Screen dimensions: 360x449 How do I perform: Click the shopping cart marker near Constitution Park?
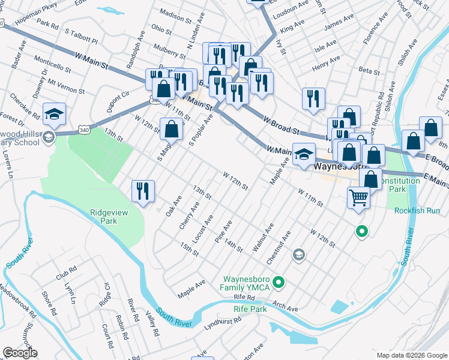point(358,196)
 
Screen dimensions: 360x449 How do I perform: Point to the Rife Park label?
point(250,309)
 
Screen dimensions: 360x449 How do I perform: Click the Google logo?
point(20,353)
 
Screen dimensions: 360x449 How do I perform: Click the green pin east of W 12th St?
point(361,231)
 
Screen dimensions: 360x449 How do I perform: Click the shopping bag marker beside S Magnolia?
point(172,128)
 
